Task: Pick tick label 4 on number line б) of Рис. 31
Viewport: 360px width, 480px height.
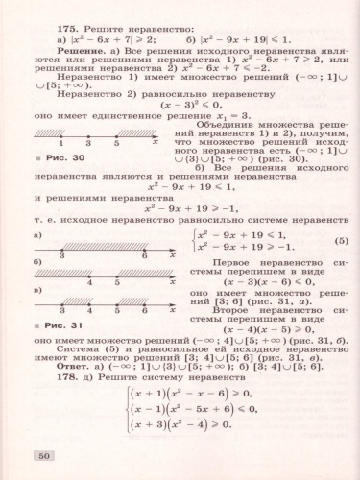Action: click(x=88, y=282)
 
